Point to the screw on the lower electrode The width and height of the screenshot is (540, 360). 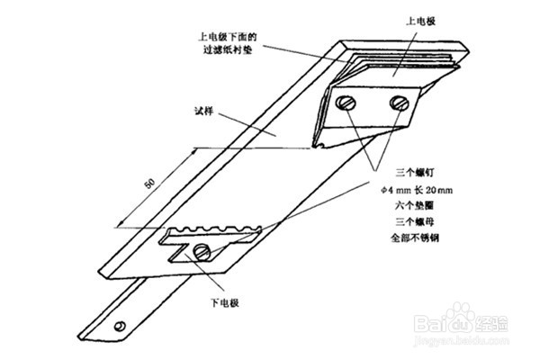pos(206,251)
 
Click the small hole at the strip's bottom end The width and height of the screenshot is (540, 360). pos(118,324)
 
